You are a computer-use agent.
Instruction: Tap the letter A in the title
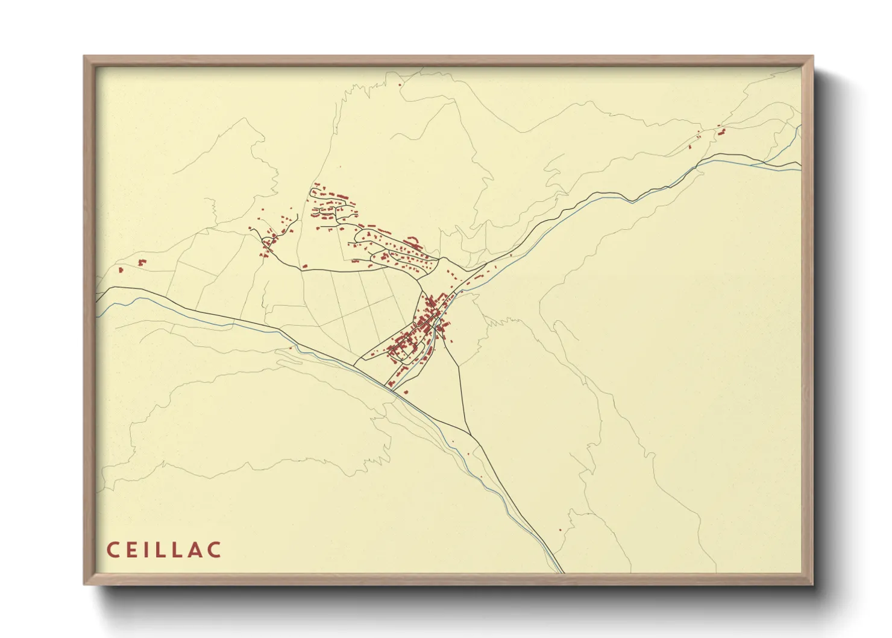pos(195,550)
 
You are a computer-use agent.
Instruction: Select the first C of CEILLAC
pos(113,550)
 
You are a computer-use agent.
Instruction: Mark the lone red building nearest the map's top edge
pos(400,85)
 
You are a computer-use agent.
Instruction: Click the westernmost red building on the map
pos(121,270)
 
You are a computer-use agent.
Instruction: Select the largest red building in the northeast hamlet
pos(721,131)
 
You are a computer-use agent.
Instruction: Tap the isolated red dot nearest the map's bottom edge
pos(561,530)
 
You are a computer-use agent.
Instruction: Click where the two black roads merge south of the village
pos(471,434)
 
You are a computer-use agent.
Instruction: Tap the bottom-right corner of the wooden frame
pos(812,584)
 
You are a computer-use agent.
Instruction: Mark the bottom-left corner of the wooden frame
pos(84,584)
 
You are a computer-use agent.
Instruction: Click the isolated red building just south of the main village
pos(405,392)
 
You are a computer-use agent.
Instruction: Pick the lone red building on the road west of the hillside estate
pos(305,265)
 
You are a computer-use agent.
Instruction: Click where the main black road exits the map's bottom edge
pos(562,572)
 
